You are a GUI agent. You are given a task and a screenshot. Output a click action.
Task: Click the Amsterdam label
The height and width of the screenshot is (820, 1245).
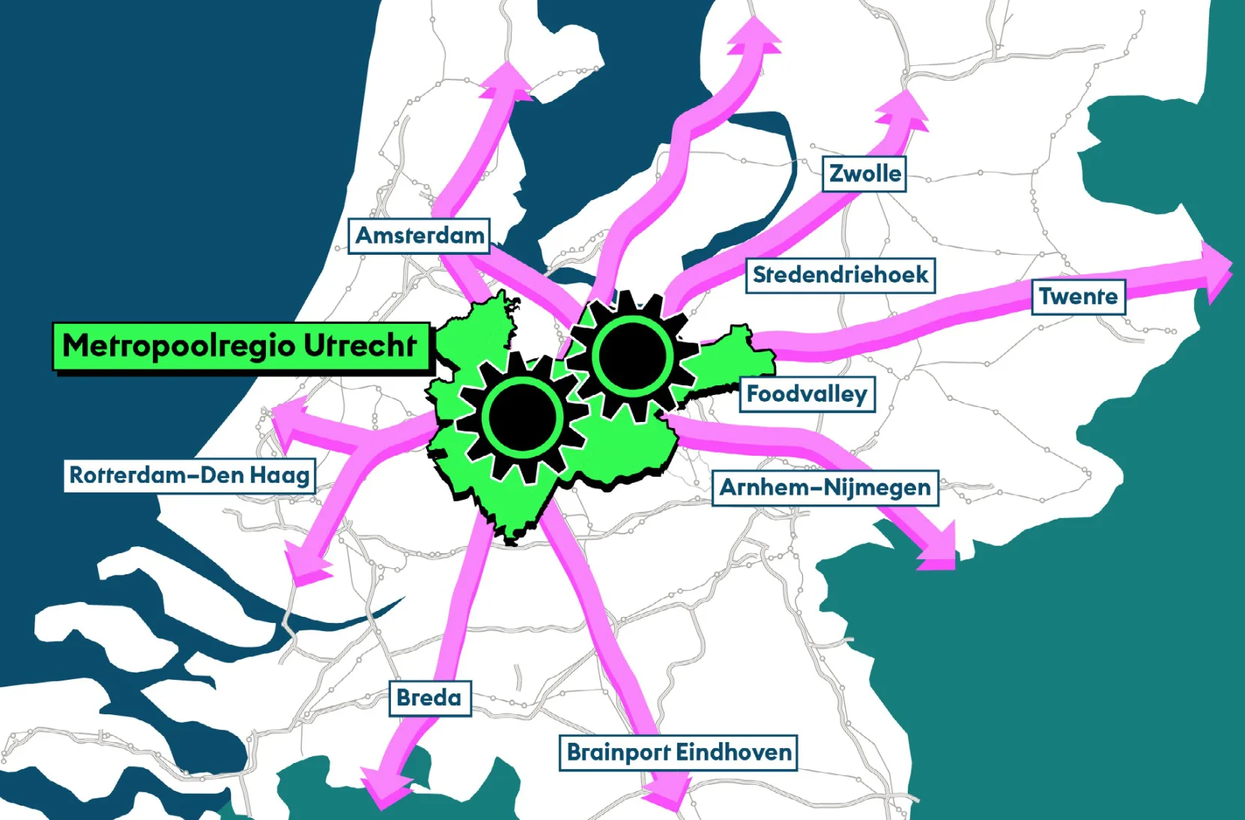(x=419, y=235)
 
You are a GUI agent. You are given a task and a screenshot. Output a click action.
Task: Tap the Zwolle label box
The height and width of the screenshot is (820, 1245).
(x=864, y=174)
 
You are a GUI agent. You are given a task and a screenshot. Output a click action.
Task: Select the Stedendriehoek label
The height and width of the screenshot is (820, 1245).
(x=840, y=275)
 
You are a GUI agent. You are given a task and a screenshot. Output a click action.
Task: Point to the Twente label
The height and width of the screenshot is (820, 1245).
(x=1078, y=297)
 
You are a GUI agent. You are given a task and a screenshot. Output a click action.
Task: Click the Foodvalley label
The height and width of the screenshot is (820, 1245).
(x=807, y=394)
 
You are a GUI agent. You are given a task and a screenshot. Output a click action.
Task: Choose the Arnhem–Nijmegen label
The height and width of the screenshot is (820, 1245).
(x=825, y=488)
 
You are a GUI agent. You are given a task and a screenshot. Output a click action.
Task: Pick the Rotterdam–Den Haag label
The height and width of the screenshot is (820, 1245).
(x=190, y=475)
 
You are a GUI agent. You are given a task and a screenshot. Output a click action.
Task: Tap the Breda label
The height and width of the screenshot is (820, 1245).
(x=429, y=698)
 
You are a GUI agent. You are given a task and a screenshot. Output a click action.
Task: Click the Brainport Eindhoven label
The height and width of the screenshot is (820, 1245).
(x=679, y=752)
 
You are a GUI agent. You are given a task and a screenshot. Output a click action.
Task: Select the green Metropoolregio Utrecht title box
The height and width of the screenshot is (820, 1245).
(x=241, y=346)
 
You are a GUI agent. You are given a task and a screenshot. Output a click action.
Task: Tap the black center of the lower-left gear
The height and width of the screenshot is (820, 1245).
(x=522, y=416)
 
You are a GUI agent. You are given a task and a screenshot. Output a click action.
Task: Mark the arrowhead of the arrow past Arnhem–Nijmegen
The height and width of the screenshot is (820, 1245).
(x=939, y=551)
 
